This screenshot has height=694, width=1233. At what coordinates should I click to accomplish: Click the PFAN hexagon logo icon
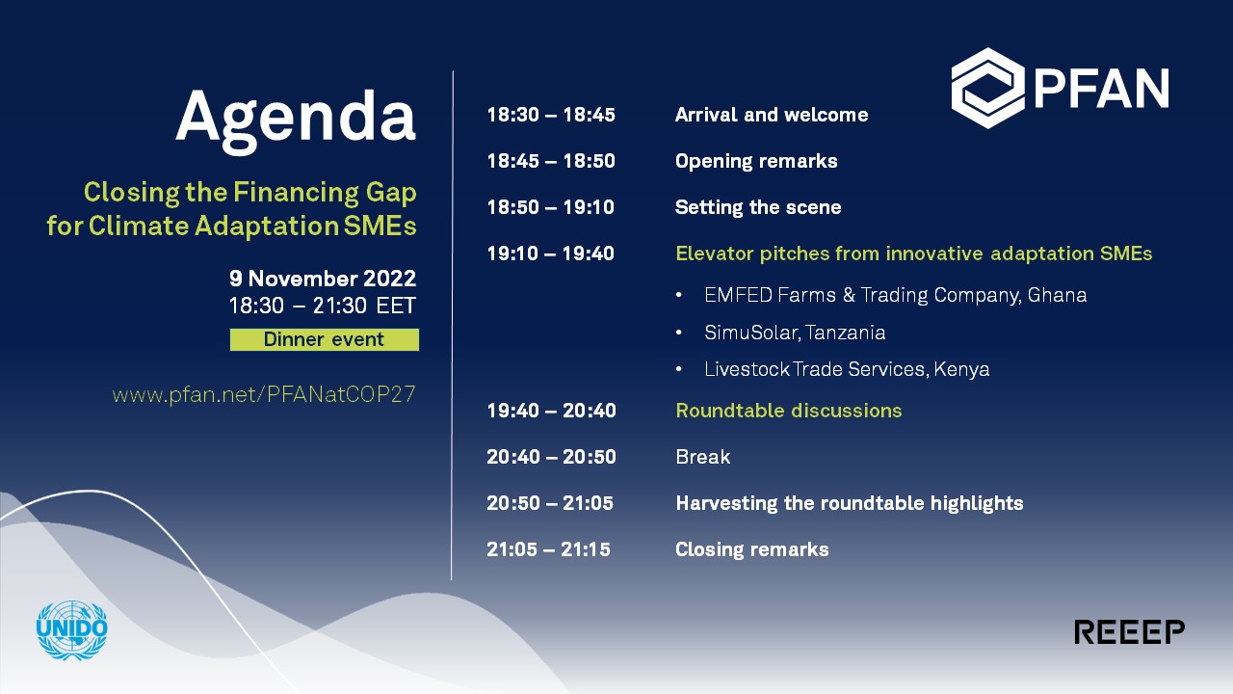coord(988,88)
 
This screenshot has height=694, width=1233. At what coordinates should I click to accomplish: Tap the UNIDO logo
coord(71,630)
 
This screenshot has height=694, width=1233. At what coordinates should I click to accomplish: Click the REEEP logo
coord(1130,631)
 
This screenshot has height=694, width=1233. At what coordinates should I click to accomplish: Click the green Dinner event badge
coord(325,339)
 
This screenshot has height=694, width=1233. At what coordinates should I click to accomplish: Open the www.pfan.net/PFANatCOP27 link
coord(264,394)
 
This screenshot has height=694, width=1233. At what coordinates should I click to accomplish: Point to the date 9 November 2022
coord(323,279)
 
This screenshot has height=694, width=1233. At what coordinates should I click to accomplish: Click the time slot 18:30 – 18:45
coord(551,115)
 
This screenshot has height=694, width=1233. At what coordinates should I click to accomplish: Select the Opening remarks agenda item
coord(756,161)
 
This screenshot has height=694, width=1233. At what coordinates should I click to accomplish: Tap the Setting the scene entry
coord(758,207)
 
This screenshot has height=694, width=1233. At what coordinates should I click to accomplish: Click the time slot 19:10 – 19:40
coord(550,254)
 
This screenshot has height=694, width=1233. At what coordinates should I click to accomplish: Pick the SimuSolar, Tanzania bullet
coord(795,333)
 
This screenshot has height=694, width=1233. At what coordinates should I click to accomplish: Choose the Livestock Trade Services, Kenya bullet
coord(847,369)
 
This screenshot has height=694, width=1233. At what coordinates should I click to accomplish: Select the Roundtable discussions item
coord(789,411)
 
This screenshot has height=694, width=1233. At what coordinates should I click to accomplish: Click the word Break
coord(703,457)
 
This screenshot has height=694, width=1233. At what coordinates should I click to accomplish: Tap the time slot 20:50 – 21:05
coord(550,503)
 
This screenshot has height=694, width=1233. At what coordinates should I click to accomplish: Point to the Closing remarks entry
coord(752,549)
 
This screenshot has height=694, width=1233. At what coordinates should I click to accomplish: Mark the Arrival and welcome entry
coord(772,115)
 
